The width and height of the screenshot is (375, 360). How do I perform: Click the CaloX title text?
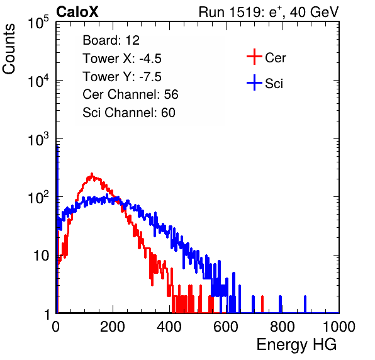[x=77, y=12]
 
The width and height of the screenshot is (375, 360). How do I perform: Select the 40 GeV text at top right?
[x=314, y=12]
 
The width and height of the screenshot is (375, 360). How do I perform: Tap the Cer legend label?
[x=275, y=58]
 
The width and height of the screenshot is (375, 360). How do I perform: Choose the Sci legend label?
[x=274, y=84]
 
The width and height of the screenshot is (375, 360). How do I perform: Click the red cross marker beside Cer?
[x=254, y=57]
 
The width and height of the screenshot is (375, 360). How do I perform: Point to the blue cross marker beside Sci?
[x=254, y=82]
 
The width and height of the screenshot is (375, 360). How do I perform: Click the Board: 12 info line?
[x=111, y=40]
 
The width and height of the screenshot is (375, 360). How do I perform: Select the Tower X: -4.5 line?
[x=122, y=59]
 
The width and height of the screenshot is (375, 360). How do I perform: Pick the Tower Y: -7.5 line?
[x=122, y=77]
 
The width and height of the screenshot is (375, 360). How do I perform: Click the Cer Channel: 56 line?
[x=130, y=94]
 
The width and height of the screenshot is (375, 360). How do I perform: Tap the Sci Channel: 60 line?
[x=129, y=113]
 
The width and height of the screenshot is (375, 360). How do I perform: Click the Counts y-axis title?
[x=9, y=49]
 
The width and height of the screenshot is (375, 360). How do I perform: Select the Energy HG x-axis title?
[x=296, y=345]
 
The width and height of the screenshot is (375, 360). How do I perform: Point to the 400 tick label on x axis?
[x=169, y=327]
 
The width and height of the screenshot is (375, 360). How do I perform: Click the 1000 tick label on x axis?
[x=339, y=327]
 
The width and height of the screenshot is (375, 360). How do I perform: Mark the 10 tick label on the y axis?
[x=41, y=256]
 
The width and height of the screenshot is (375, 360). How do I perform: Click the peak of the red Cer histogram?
[x=92, y=174]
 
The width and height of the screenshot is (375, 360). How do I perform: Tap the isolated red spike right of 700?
[x=262, y=304]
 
